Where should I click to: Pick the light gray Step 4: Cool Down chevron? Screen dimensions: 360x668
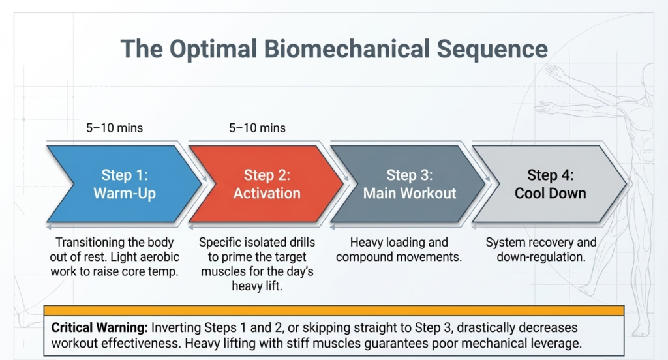(550, 184)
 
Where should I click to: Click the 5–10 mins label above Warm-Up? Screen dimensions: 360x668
(115, 128)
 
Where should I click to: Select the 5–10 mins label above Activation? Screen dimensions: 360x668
(257, 128)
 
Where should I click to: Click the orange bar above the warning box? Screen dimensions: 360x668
(334, 310)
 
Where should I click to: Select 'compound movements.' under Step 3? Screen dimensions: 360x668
(399, 257)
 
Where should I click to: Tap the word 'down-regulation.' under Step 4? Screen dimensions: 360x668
(541, 257)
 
